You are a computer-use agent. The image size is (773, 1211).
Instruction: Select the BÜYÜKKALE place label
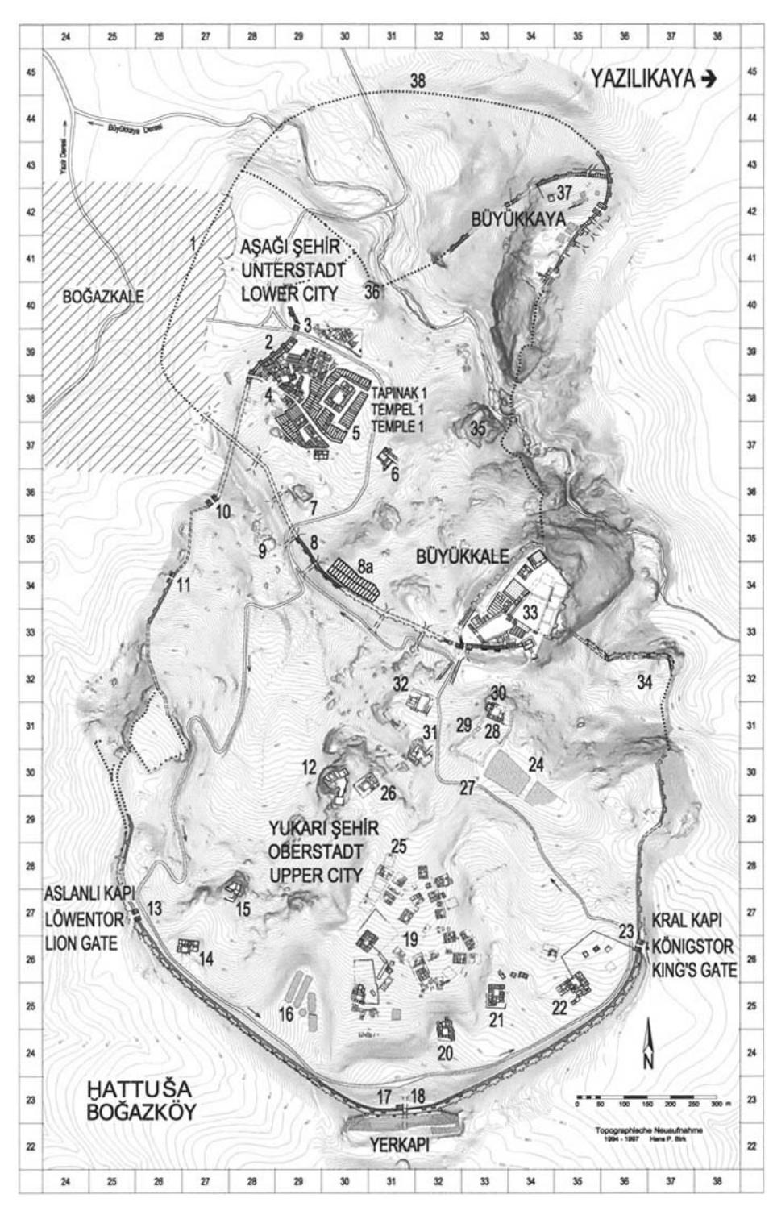[462, 556]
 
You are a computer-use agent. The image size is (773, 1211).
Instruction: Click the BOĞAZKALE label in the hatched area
[103, 297]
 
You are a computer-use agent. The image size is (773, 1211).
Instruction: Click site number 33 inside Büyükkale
[529, 612]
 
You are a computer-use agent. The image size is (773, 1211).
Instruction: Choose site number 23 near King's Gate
[626, 930]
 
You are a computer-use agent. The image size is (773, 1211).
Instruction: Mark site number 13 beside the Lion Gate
[154, 909]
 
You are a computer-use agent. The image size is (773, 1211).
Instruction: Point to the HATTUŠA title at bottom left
[139, 1089]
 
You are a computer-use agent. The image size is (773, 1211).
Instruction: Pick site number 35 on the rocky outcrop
[478, 428]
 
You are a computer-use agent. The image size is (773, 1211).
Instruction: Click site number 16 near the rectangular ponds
[286, 1013]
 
